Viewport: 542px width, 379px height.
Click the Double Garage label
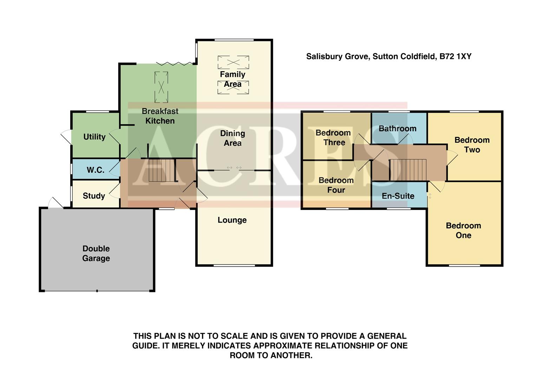(96, 253)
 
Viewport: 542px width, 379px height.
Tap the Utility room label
(94, 137)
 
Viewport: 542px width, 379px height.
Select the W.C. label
(95, 170)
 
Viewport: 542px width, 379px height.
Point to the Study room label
(94, 196)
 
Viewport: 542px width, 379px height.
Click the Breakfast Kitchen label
(160, 116)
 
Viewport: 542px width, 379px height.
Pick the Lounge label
(232, 220)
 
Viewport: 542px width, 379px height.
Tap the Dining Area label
(232, 138)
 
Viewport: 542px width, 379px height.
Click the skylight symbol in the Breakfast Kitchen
(161, 87)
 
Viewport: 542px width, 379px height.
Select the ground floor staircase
(161, 170)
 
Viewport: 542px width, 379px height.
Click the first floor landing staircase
(407, 170)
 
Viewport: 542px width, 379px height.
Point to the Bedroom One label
(463, 231)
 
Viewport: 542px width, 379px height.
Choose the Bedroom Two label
(472, 145)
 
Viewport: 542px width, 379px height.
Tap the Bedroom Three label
(333, 138)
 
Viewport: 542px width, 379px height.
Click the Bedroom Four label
(336, 185)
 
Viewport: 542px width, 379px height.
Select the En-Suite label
(398, 196)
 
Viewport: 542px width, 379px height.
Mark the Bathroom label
(397, 129)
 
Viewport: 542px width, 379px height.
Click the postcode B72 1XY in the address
(455, 56)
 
